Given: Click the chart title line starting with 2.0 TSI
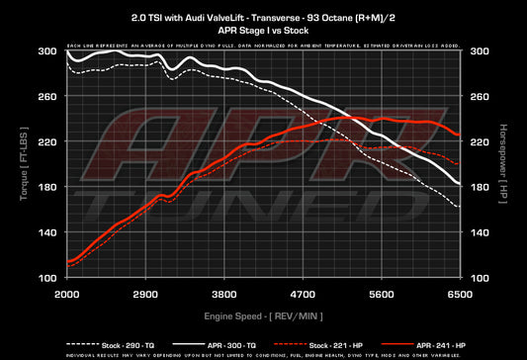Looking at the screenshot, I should [x=263, y=18].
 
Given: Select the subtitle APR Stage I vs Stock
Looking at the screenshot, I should [x=263, y=31].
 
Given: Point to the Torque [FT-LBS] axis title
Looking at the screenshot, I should [x=22, y=163].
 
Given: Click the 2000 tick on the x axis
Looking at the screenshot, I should [x=66, y=295].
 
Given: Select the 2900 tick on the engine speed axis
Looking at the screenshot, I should [x=145, y=295].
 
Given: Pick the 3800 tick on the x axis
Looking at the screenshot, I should [x=224, y=295].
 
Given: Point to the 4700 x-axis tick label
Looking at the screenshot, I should [x=303, y=295].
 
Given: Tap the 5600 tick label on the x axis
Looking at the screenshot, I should [x=382, y=295].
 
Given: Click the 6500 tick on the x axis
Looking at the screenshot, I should [x=460, y=295].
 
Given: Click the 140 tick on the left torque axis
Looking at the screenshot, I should [x=48, y=232].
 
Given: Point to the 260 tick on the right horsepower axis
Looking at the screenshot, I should [x=479, y=97].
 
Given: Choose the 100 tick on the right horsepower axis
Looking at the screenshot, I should [x=479, y=278].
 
